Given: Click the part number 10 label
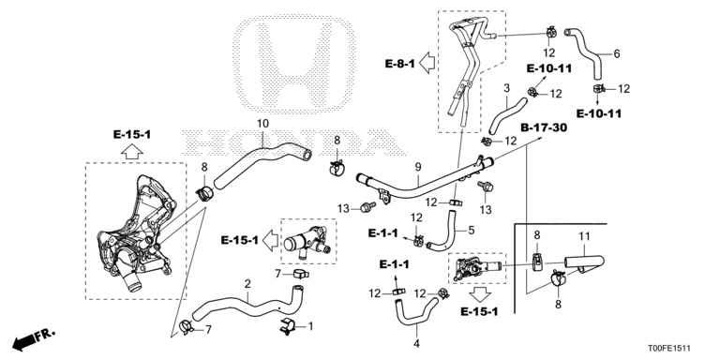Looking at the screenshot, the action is tap(262, 124).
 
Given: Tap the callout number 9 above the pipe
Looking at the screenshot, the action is tap(418, 168).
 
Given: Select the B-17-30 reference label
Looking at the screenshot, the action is tap(544, 127).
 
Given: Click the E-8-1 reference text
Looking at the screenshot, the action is tap(399, 64).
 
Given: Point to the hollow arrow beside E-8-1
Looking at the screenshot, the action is tap(427, 63).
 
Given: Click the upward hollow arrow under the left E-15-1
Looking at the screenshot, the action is tap(132, 151).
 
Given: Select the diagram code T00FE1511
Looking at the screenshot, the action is tap(669, 349).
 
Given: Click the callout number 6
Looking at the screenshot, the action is tap(617, 54).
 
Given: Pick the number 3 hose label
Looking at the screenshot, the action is tap(506, 88).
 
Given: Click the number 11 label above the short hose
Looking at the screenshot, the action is tap(584, 237).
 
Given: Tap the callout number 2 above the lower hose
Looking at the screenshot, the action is tap(247, 284).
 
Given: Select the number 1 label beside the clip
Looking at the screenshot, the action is tap(310, 326).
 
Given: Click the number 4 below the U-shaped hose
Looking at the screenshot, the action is tap(417, 342).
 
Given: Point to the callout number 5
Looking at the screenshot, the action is tap(472, 230).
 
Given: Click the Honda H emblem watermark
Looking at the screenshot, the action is tap(294, 65).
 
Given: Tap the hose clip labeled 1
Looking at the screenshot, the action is tap(288, 325).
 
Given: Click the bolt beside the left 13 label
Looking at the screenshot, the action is tap(367, 207).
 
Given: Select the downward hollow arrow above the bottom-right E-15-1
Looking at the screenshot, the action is tap(481, 294).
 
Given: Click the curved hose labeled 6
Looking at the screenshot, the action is tap(589, 53).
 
